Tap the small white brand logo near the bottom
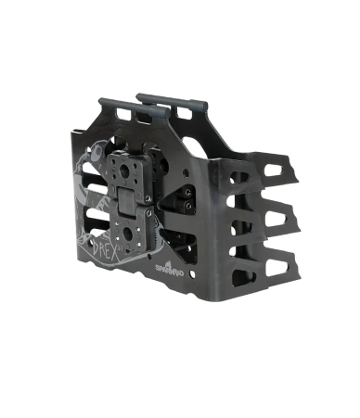point(165,267)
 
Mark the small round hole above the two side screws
point(190,173)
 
